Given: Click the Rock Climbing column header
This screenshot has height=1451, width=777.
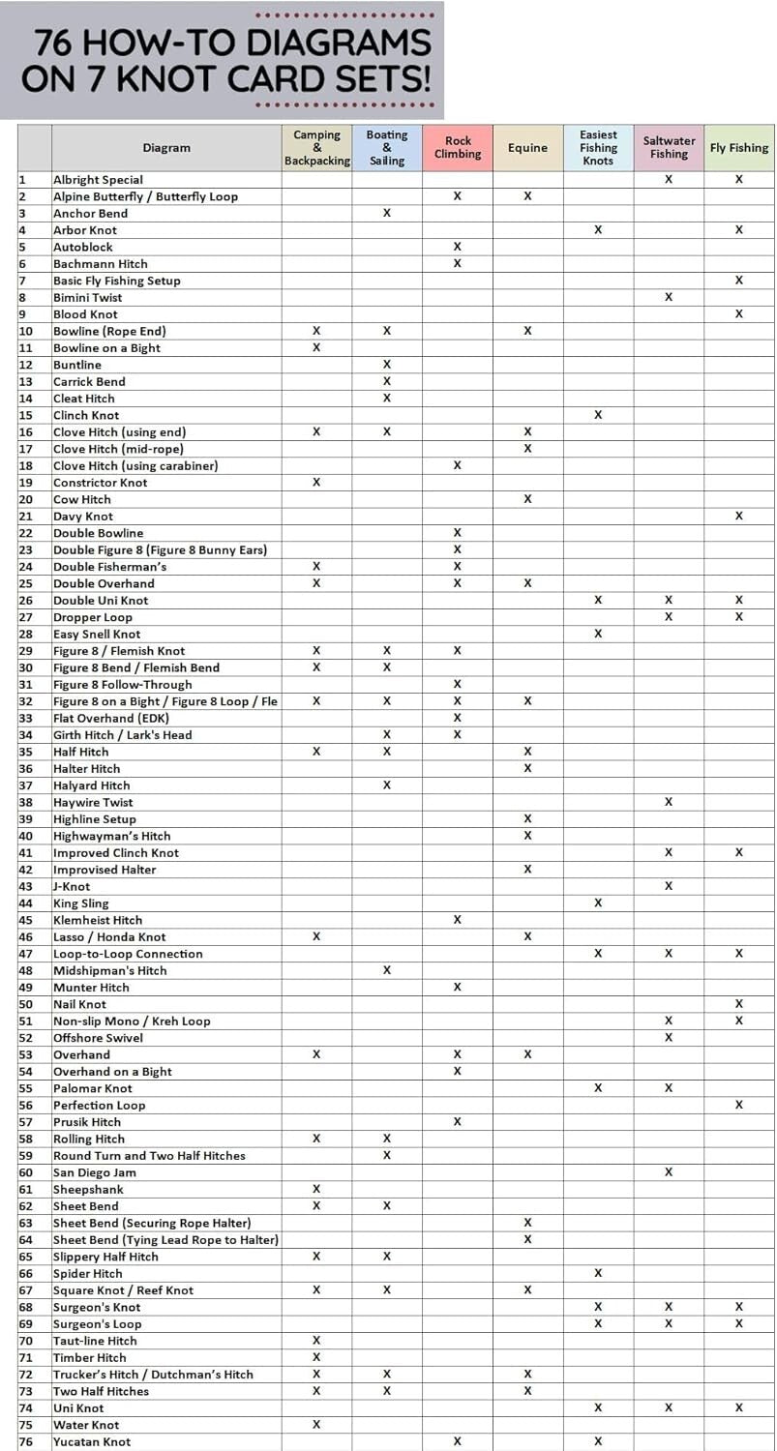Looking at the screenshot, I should point(458,148).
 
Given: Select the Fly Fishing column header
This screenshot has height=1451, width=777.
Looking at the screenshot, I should point(739,148).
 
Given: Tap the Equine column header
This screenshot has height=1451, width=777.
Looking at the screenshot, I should point(527,148).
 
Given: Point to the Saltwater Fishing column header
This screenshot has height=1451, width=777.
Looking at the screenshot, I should point(669,148).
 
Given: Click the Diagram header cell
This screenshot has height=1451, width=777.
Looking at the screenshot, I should point(166,148).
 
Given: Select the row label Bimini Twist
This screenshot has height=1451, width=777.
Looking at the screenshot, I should point(87,298).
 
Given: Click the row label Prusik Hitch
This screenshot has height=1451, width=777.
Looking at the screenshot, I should point(87,1122).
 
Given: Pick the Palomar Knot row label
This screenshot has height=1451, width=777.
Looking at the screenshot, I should point(92,1088).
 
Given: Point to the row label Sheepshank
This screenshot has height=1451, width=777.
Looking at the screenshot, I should point(88,1190).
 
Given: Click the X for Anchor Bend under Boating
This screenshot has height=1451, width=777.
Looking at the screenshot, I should point(387,213).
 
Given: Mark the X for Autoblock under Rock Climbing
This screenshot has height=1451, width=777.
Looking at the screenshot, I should point(458,247).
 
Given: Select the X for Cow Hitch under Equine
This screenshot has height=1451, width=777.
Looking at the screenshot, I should point(527,499).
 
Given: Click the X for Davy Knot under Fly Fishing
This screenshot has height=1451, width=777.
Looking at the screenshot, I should point(739,516).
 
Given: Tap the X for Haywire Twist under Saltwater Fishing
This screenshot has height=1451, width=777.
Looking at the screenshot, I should point(669,802).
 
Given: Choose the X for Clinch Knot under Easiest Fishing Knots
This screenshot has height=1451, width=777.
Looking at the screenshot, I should point(598,415).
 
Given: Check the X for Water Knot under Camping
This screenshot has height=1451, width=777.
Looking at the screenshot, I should point(316,1425).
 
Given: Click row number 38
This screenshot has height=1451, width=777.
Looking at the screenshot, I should point(26,803).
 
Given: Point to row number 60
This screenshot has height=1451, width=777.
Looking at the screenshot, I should point(26,1172).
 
